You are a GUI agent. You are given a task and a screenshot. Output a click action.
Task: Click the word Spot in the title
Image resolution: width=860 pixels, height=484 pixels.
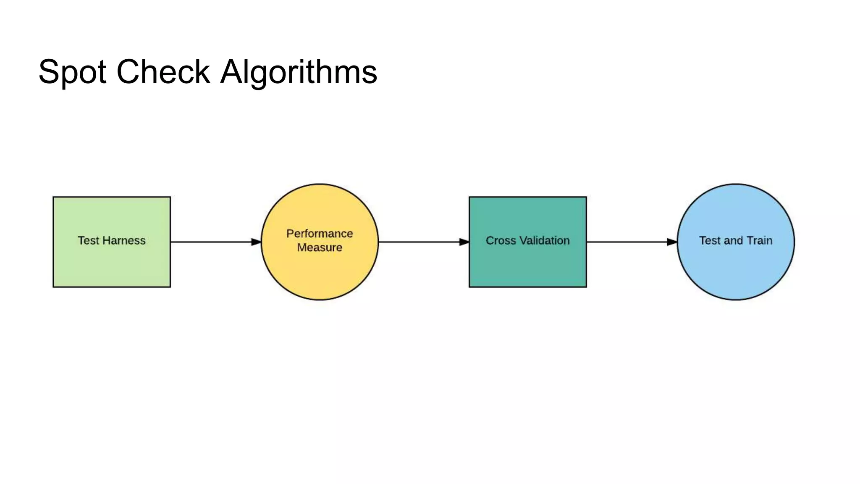pyautogui.click(x=72, y=72)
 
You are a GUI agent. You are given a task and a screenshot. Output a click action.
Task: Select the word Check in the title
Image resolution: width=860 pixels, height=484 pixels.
pyautogui.click(x=163, y=72)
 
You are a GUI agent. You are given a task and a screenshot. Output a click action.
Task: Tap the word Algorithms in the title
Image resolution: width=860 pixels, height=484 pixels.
pyautogui.click(x=299, y=72)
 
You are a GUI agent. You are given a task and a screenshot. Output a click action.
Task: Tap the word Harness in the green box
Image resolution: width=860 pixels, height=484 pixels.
pyautogui.click(x=124, y=241)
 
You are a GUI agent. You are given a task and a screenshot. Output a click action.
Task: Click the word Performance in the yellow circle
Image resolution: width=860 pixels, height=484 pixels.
pyautogui.click(x=320, y=234)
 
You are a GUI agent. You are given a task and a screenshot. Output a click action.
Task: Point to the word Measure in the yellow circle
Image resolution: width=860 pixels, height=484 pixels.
pyautogui.click(x=320, y=247)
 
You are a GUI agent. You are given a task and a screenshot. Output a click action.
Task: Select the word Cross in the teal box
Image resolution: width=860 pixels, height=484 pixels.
pyautogui.click(x=501, y=241)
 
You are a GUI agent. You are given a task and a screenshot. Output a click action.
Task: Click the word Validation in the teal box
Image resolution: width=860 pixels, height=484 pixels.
pyautogui.click(x=545, y=241)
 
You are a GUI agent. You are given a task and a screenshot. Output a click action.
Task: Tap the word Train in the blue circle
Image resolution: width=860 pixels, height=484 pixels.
pyautogui.click(x=760, y=241)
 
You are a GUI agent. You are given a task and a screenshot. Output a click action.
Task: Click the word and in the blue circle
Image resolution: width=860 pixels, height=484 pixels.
pyautogui.click(x=733, y=241)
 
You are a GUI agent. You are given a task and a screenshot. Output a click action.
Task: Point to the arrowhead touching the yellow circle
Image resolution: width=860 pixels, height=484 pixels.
pyautogui.click(x=256, y=242)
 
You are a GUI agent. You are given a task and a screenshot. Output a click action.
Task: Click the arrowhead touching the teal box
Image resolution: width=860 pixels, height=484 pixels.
pyautogui.click(x=464, y=242)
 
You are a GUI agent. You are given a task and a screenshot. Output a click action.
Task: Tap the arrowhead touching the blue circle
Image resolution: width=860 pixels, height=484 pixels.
pyautogui.click(x=672, y=242)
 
